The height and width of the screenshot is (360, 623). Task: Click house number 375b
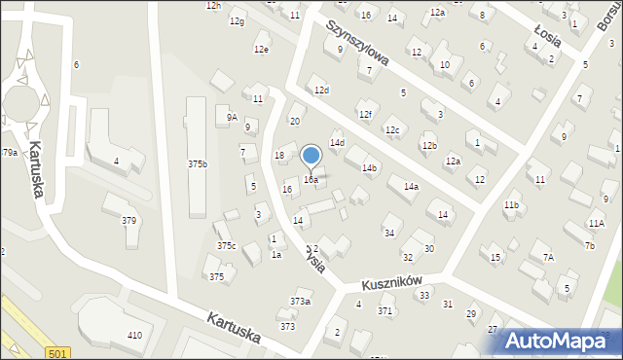(x=197, y=164)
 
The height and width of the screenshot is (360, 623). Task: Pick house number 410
(x=134, y=335)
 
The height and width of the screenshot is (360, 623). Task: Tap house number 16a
(x=311, y=180)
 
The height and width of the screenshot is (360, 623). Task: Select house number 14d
(x=337, y=143)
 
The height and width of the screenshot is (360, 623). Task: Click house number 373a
(x=300, y=302)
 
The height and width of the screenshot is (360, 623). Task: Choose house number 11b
(x=511, y=205)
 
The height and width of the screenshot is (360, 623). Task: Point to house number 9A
(x=232, y=117)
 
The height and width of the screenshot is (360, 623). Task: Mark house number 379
(x=128, y=220)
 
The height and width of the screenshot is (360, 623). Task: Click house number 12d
(x=321, y=90)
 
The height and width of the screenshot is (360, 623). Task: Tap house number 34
(x=389, y=233)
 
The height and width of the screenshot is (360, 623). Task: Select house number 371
(x=385, y=311)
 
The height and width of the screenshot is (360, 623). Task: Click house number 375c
(x=226, y=246)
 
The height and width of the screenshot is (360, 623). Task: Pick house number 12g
(x=237, y=21)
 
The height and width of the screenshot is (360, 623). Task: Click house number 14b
(x=369, y=168)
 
